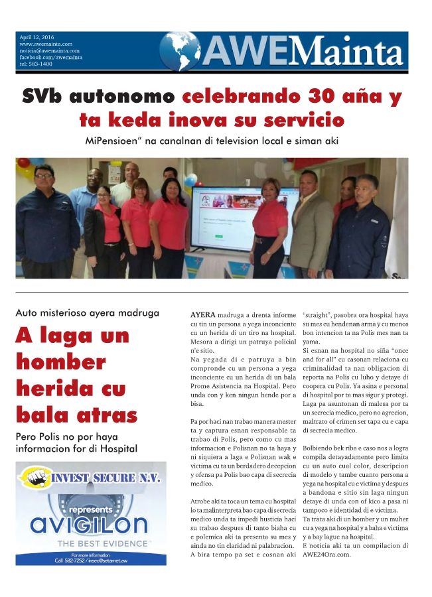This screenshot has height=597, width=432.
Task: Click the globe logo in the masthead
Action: (180, 51)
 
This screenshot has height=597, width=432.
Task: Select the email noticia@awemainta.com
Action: (50, 50)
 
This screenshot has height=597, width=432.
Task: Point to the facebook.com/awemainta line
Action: (51, 57)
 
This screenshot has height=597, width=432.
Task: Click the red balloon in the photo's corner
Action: (23, 163)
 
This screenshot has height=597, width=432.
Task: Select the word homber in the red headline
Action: (60, 362)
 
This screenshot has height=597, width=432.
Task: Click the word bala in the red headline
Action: (42, 415)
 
